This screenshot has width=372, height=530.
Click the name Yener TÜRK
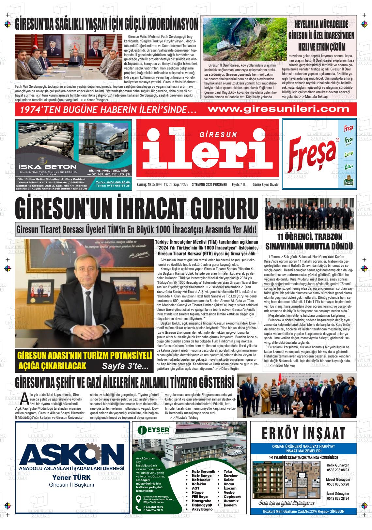(x=71, y=478)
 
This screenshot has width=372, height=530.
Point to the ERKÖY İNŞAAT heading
(x=303, y=433)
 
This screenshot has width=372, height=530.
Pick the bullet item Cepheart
(x=232, y=497)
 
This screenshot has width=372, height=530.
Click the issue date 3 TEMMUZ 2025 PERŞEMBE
(x=209, y=185)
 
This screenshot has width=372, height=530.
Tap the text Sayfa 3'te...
(x=125, y=366)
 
